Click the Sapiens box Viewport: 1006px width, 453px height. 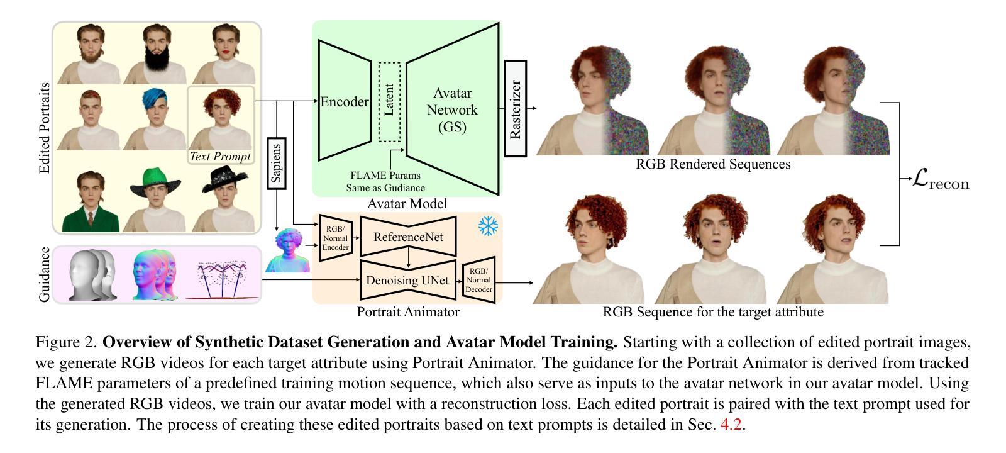[x=277, y=163]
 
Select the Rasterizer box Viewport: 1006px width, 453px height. [x=516, y=109]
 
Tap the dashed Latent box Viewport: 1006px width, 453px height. [x=389, y=102]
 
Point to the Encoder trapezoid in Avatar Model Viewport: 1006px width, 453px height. [x=344, y=101]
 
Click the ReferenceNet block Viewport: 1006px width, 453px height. [x=408, y=237]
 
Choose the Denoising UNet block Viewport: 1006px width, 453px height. [x=407, y=280]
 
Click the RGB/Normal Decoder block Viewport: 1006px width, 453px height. [x=479, y=280]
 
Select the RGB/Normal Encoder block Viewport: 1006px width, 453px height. [x=336, y=238]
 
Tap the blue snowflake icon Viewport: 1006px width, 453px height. [x=488, y=226]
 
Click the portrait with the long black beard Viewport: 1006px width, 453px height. [x=155, y=55]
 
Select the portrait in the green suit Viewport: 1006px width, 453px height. [x=89, y=201]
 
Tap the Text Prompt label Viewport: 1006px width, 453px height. [x=220, y=157]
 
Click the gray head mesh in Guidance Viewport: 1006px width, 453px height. [x=92, y=275]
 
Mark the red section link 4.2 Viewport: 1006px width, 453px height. [x=731, y=424]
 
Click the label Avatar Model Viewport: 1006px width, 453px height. [x=407, y=203]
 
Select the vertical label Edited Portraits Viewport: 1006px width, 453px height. [x=44, y=128]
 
